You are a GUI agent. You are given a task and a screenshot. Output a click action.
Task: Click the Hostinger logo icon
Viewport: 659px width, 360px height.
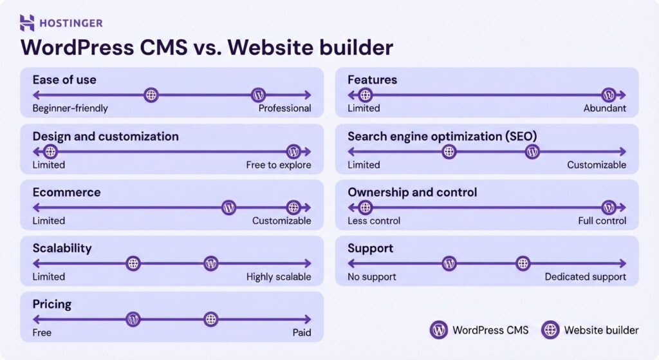[x=27, y=23]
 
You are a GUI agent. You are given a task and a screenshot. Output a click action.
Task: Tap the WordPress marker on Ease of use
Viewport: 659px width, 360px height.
[x=258, y=95]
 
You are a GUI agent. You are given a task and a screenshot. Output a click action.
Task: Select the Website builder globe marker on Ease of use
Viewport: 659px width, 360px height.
[x=151, y=95]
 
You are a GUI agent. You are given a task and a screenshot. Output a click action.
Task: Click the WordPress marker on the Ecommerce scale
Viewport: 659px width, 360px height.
[x=228, y=207]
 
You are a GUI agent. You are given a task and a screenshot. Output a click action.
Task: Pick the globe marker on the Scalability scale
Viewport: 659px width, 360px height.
[x=133, y=263]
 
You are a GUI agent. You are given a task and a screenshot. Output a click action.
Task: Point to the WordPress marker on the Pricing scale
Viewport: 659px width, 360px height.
[x=133, y=319]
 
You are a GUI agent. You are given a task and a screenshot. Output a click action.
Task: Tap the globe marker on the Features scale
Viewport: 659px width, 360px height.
[x=365, y=95]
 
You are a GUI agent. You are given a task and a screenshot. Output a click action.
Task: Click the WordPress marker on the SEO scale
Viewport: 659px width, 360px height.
[x=532, y=152]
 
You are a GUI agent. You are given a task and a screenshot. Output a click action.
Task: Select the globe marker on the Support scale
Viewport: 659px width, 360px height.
[x=523, y=263]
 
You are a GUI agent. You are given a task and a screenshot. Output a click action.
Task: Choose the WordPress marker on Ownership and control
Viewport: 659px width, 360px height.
[x=609, y=207]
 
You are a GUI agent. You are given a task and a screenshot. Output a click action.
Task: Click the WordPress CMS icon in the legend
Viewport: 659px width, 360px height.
[x=439, y=330]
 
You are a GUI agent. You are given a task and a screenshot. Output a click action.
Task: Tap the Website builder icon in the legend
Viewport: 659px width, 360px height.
[x=550, y=330]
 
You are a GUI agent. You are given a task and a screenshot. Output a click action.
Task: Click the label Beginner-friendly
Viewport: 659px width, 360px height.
[x=70, y=108]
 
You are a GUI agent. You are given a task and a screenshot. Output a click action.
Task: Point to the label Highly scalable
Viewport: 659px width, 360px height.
[x=278, y=277]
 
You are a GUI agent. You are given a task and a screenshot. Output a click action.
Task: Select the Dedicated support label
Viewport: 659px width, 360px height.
[x=585, y=277]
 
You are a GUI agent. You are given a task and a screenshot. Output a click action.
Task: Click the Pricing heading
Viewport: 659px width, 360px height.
[x=52, y=304]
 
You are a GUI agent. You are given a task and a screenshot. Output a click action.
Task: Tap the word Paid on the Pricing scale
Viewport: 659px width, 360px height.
[x=301, y=332]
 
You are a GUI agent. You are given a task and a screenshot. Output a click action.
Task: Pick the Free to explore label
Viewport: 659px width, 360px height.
[x=278, y=165]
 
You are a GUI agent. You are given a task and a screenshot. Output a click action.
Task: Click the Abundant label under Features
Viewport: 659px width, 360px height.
[x=604, y=108]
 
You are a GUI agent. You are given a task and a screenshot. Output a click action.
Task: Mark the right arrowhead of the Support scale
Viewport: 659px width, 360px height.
[x=622, y=263]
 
